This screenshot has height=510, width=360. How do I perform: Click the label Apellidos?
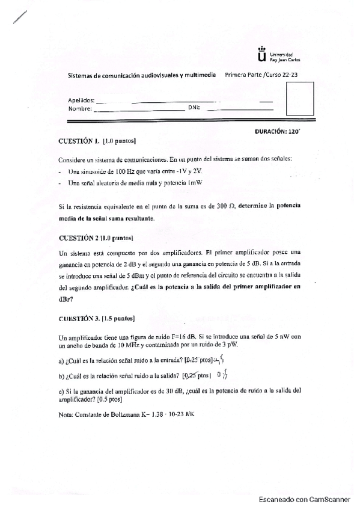pos(81,100)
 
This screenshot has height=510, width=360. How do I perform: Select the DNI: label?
pos(194,108)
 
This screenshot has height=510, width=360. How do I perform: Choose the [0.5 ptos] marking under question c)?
pos(109,399)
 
